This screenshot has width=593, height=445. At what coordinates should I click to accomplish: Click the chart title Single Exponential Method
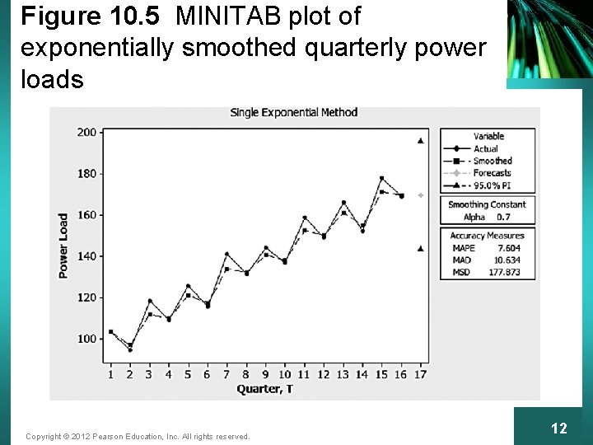(293, 112)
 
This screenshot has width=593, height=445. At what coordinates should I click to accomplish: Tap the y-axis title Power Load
(63, 246)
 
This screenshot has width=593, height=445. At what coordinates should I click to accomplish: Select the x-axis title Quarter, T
(264, 389)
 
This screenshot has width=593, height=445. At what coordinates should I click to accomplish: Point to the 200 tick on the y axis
(86, 132)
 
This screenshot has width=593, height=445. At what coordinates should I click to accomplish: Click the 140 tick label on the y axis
(86, 256)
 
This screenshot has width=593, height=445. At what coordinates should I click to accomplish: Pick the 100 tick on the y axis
(86, 339)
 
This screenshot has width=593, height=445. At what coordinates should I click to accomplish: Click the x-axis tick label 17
(421, 374)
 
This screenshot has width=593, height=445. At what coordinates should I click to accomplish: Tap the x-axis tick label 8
(246, 374)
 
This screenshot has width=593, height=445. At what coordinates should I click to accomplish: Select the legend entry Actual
(486, 148)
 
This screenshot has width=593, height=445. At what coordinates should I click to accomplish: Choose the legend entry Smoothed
(493, 161)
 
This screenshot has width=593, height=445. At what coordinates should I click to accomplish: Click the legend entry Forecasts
(493, 173)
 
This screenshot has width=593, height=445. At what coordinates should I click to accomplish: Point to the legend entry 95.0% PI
(493, 185)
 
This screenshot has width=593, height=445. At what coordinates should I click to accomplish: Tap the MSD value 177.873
(504, 272)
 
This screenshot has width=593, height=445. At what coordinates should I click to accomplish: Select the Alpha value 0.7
(504, 217)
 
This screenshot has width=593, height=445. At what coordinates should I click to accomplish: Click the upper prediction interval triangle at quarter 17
(421, 141)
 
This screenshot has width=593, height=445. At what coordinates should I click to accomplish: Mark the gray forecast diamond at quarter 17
(421, 195)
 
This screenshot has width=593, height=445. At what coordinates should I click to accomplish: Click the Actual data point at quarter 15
(382, 178)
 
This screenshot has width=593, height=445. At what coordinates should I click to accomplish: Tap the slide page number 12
(559, 429)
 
